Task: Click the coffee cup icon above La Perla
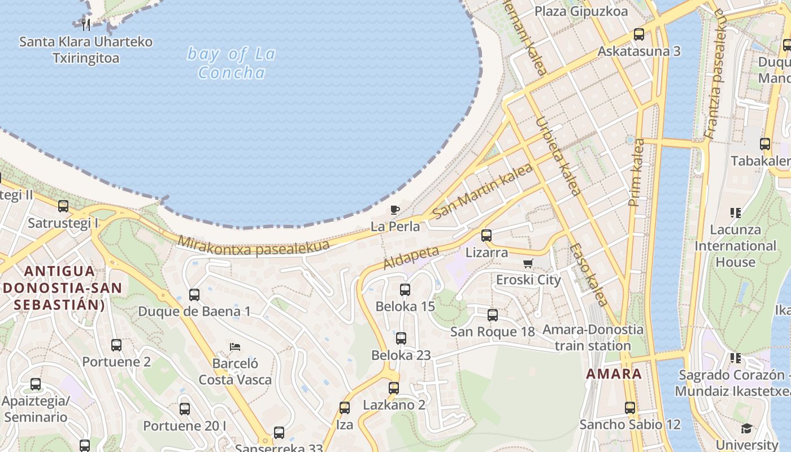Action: (395, 210)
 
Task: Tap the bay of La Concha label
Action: (232, 63)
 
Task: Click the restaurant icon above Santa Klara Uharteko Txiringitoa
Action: (86, 24)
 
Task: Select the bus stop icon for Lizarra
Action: (486, 236)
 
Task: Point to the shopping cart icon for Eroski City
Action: (528, 263)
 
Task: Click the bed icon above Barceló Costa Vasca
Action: (235, 346)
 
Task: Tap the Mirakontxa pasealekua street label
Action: (254, 246)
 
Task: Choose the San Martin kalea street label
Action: (483, 191)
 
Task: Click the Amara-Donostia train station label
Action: (593, 337)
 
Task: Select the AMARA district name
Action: (614, 374)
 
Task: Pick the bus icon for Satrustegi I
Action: (63, 206)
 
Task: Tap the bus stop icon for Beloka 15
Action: (405, 290)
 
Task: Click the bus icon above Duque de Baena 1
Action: (194, 294)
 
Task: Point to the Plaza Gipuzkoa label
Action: (581, 11)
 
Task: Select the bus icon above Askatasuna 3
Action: (639, 34)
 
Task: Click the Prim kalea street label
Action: (636, 172)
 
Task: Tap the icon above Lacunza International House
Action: (735, 213)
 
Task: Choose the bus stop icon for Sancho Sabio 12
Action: (630, 407)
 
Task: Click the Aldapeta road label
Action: (411, 257)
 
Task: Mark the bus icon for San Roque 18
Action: (493, 315)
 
